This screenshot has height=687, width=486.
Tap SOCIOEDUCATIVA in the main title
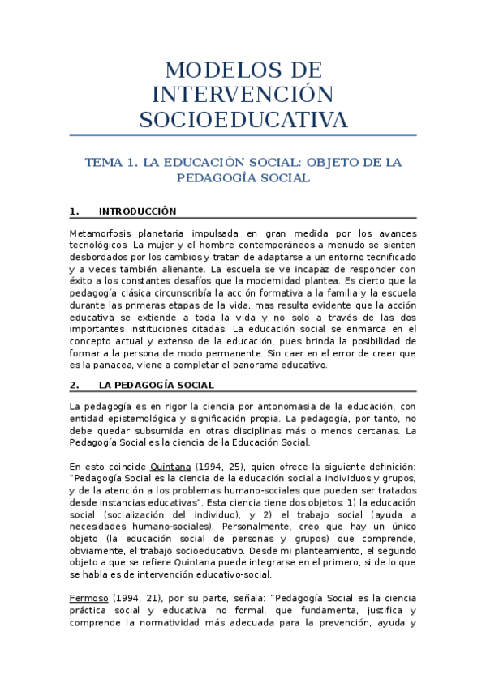tap(243, 120)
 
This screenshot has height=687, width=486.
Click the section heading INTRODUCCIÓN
tap(137, 211)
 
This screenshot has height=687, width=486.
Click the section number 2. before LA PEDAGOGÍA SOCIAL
tap(74, 385)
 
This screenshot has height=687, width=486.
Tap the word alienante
tap(181, 268)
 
